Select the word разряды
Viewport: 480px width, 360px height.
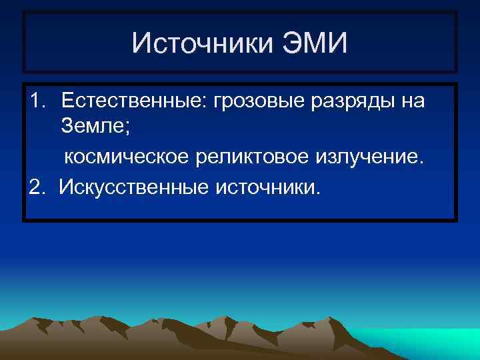tap(339, 102)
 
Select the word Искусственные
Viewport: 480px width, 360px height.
tap(133, 187)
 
